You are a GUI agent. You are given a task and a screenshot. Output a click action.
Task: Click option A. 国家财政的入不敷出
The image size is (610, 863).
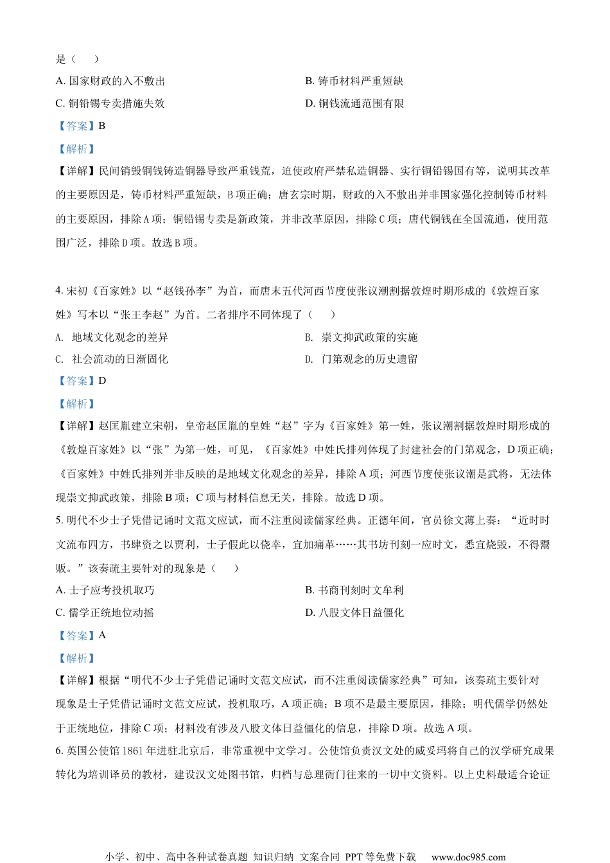(x=110, y=81)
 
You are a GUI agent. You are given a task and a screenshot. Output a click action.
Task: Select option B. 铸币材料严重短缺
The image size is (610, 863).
(x=354, y=81)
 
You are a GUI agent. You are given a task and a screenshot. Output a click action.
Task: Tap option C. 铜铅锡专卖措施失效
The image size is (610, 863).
(x=110, y=103)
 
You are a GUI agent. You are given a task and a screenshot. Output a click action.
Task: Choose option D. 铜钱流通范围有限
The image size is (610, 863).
(x=354, y=103)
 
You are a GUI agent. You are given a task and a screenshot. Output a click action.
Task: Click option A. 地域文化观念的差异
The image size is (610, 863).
(x=112, y=337)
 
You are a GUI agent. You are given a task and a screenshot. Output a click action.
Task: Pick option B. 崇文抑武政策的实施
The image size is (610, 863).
(x=362, y=337)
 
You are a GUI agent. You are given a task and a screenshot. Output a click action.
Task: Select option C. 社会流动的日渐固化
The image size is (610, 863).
(x=112, y=359)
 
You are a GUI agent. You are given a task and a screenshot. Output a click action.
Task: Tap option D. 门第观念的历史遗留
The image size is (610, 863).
(x=362, y=359)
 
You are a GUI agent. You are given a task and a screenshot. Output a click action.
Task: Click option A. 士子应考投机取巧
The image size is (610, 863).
(x=105, y=590)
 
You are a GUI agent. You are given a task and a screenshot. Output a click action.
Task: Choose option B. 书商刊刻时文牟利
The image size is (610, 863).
(x=354, y=590)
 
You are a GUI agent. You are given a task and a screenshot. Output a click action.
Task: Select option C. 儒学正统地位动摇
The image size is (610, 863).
(x=105, y=613)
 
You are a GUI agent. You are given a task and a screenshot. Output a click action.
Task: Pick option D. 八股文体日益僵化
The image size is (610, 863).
(x=354, y=613)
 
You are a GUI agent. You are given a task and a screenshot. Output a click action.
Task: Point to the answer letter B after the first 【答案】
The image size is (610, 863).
(x=102, y=126)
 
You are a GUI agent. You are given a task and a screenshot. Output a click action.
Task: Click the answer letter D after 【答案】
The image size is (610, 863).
(x=103, y=381)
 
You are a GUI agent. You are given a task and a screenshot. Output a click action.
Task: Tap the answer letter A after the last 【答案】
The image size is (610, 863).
(x=103, y=635)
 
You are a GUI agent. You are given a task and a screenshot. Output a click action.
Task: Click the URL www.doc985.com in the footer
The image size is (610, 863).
(x=468, y=857)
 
